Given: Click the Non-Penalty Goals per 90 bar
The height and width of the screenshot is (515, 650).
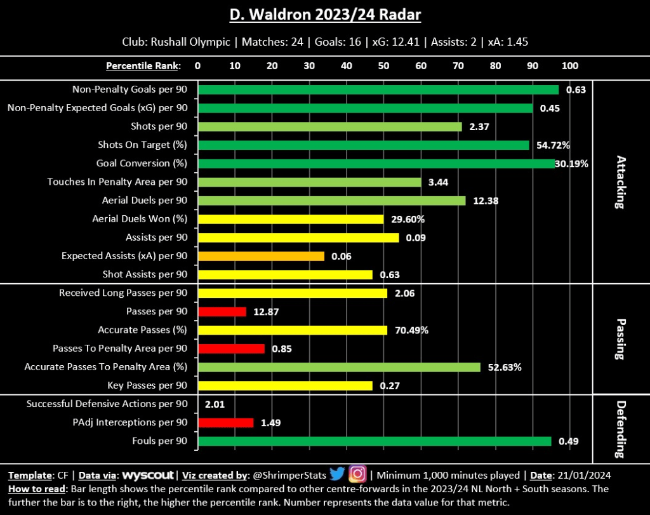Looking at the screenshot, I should [378, 90].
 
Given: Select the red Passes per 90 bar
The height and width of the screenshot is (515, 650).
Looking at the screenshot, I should [222, 312].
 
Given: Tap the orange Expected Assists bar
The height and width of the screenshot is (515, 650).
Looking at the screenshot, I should [262, 256].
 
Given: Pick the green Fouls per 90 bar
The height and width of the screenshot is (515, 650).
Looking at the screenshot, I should [375, 441].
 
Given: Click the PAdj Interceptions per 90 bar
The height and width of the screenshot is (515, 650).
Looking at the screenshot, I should [226, 422].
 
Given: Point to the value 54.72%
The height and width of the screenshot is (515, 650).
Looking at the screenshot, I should [554, 145].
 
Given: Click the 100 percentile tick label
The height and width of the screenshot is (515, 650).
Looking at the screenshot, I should [569, 65].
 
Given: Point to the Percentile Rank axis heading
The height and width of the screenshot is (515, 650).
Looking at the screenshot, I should [143, 65].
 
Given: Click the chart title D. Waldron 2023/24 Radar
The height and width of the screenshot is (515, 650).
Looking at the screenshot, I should [325, 15].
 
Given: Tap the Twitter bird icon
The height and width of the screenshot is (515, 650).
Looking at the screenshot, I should [337, 474].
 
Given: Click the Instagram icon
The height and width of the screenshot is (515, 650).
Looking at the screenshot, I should [358, 474].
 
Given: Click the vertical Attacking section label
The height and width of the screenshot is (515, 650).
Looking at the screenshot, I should [621, 182].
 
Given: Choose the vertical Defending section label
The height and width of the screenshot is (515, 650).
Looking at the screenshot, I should [621, 430].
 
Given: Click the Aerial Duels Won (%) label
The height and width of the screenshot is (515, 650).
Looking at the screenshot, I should [140, 219].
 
